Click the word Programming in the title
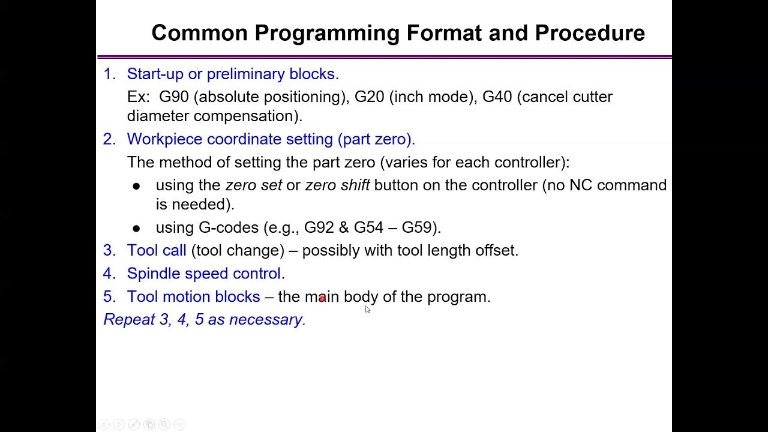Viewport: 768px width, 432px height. point(328,33)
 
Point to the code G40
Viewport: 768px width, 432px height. point(497,97)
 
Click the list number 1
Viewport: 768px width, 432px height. point(109,74)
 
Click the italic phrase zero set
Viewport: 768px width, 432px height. point(253,185)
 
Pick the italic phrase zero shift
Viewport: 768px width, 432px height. point(337,185)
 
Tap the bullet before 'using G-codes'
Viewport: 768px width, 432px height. point(136,229)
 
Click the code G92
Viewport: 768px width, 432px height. point(319,227)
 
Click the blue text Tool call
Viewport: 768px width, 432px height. point(157,250)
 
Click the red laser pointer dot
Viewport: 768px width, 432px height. point(322,298)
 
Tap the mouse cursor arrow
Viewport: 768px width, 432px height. point(367,309)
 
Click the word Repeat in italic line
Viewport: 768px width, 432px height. point(129,320)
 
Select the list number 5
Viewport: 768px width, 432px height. point(109,296)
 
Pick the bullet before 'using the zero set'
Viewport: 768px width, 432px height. point(136,187)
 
